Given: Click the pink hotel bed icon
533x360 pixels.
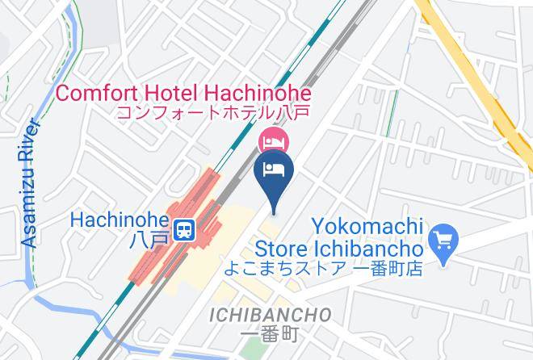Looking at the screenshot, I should pos(271,142).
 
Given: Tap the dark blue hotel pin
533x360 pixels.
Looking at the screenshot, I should pos(274,173).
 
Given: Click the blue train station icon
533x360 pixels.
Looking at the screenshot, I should pos(185,228).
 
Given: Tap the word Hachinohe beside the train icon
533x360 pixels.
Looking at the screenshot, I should pos(119,220).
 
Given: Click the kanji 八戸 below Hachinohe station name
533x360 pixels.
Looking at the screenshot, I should pos(150,240).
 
